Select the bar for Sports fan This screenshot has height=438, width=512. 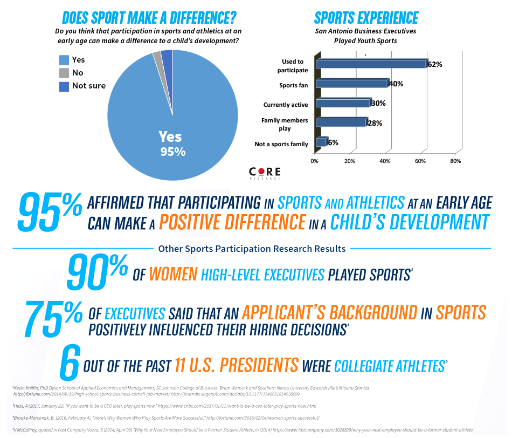[351, 84]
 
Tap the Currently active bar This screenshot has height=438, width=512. [343, 103]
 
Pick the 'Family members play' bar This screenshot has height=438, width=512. [341, 122]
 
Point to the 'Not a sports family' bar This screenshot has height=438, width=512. [321, 142]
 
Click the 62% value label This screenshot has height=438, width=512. [434, 64]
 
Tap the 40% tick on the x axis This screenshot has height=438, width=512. [385, 161]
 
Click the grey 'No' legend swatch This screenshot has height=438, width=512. [64, 73]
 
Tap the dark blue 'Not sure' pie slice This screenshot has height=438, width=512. [167, 55]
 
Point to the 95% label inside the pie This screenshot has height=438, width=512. [172, 152]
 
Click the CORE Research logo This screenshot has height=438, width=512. [265, 173]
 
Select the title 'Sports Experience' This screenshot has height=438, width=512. [366, 17]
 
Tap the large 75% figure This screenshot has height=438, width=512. [53, 319]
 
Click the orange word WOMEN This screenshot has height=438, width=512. [172, 275]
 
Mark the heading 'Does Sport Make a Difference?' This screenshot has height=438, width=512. [149, 17]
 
